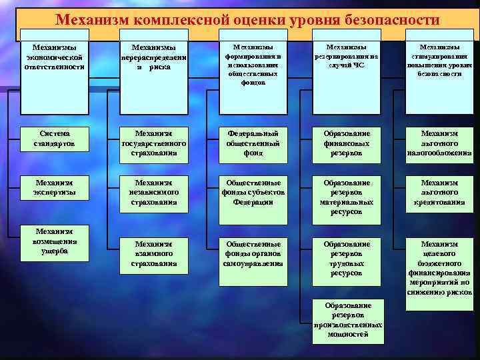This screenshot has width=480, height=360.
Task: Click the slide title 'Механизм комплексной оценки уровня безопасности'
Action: [x=247, y=21]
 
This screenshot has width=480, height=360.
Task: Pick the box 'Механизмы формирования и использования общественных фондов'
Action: [x=253, y=65]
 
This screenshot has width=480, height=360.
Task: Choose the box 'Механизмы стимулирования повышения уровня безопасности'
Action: [x=439, y=61]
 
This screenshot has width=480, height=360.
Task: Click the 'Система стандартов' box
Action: [x=55, y=139]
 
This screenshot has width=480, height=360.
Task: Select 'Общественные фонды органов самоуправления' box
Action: [x=253, y=254]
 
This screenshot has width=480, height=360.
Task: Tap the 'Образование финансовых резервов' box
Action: [x=347, y=143]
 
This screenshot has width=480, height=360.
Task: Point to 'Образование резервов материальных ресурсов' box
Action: [x=347, y=197]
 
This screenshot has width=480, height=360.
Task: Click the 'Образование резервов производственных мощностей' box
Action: [x=347, y=319]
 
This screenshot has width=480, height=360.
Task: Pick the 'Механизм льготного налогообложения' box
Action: [x=439, y=143]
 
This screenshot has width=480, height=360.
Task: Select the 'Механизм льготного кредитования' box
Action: [x=439, y=192]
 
